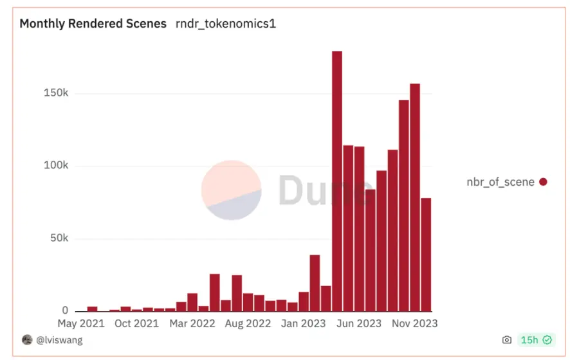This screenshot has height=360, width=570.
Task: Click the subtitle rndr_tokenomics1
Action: [226, 24]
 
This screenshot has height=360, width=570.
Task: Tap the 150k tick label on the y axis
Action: [55, 93]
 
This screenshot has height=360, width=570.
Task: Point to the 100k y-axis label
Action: [55, 166]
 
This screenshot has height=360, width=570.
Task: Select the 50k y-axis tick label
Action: [58, 239]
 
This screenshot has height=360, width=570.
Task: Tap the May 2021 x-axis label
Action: [81, 323]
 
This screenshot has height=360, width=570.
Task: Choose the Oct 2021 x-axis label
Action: [136, 323]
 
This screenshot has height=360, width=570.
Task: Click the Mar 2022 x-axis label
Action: [192, 323]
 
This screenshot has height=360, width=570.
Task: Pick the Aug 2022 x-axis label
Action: [248, 323]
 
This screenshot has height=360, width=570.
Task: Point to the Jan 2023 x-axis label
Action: [304, 323]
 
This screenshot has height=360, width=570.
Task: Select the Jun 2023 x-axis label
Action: [359, 323]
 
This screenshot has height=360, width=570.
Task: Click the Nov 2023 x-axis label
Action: [415, 323]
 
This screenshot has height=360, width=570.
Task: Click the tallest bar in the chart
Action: [337, 181]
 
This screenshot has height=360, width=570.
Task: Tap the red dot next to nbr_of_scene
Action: [543, 182]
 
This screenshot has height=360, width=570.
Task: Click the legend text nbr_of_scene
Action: [501, 182]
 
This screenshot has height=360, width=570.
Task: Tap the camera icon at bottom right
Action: [507, 340]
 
